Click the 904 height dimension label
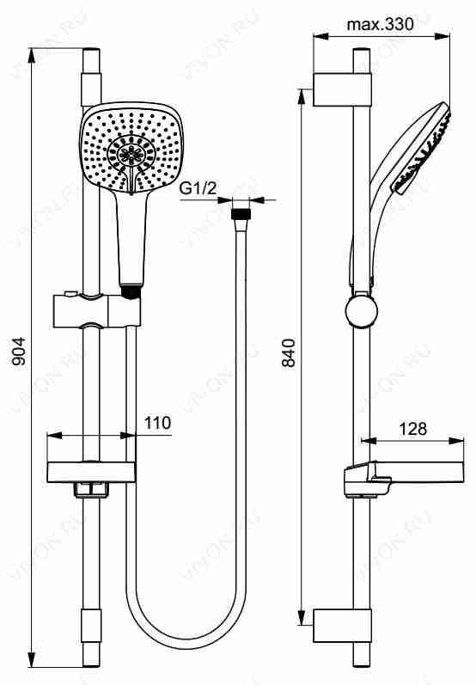click(x=19, y=352)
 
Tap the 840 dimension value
click(x=289, y=352)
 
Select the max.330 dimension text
click(x=380, y=24)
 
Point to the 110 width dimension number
click(x=157, y=423)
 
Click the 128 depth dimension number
click(x=412, y=429)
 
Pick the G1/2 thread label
click(x=198, y=188)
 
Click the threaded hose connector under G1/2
click(x=241, y=215)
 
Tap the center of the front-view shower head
click(x=131, y=150)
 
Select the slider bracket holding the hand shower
click(x=97, y=310)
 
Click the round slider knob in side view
click(x=361, y=311)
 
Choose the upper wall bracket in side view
click(x=342, y=89)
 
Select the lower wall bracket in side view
click(x=342, y=626)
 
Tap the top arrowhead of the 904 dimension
click(x=32, y=56)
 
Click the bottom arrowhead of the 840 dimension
click(x=302, y=617)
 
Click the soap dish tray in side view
click(x=404, y=479)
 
